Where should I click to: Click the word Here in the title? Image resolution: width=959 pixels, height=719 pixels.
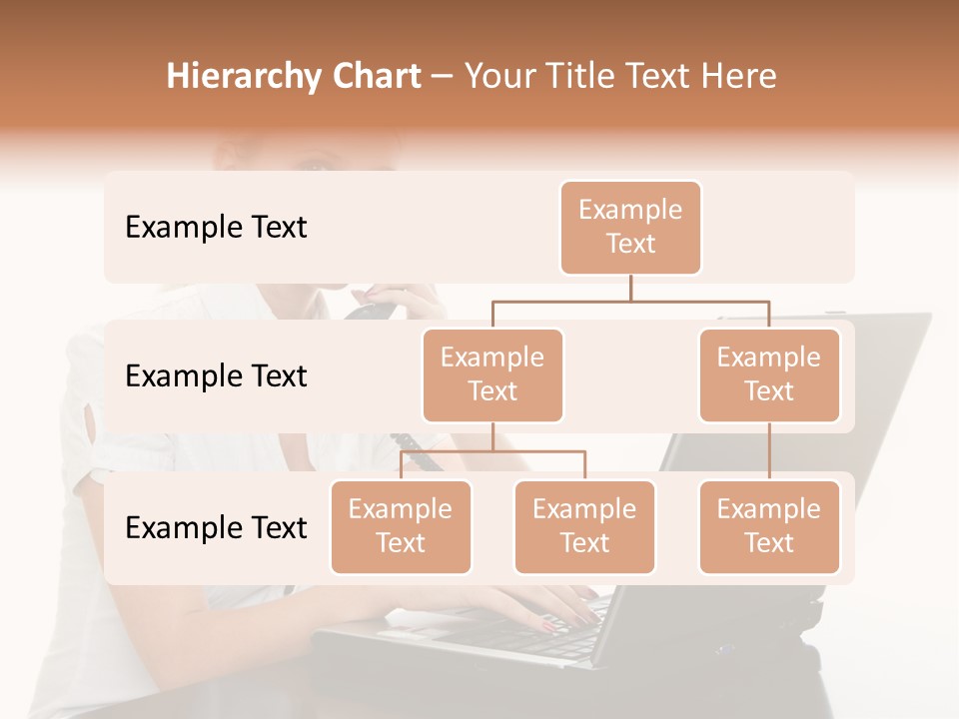point(738,76)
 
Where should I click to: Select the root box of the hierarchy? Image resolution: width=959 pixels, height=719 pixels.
point(630,228)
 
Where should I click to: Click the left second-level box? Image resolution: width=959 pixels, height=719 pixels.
point(492,375)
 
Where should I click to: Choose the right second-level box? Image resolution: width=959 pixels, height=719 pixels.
point(769,375)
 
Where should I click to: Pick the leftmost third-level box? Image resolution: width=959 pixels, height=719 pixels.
point(401,527)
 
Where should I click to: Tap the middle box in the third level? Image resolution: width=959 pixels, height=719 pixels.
point(584,527)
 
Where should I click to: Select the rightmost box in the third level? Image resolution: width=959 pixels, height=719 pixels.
point(769,527)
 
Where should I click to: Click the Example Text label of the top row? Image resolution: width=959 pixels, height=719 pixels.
point(216,228)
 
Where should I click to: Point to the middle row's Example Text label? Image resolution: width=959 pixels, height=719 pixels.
point(216,376)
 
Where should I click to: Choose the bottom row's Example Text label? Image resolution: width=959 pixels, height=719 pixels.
point(216,527)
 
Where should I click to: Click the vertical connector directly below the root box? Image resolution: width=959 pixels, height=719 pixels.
point(630,288)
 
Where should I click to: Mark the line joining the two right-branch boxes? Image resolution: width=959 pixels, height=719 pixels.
point(769,451)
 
